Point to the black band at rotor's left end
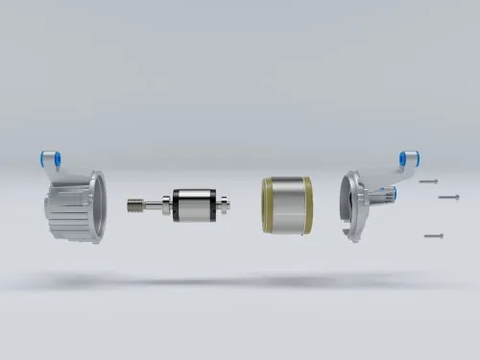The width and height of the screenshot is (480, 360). [x=178, y=204]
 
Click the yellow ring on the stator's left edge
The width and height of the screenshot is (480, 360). [x=265, y=204]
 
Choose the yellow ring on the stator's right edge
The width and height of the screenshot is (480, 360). [x=308, y=204]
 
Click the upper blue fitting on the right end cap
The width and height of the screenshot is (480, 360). [x=407, y=156]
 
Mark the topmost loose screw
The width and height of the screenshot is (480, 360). [x=429, y=180]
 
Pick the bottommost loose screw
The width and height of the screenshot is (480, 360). [x=434, y=234]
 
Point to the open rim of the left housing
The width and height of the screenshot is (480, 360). [x=96, y=206]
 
